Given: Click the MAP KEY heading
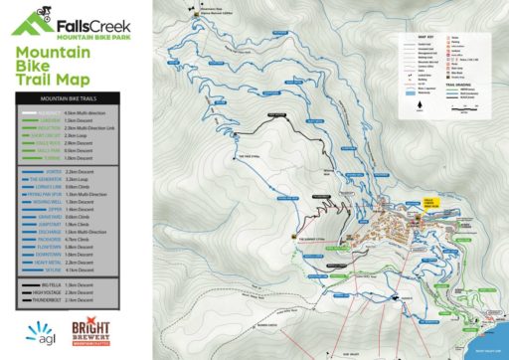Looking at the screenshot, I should pos(423,38).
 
